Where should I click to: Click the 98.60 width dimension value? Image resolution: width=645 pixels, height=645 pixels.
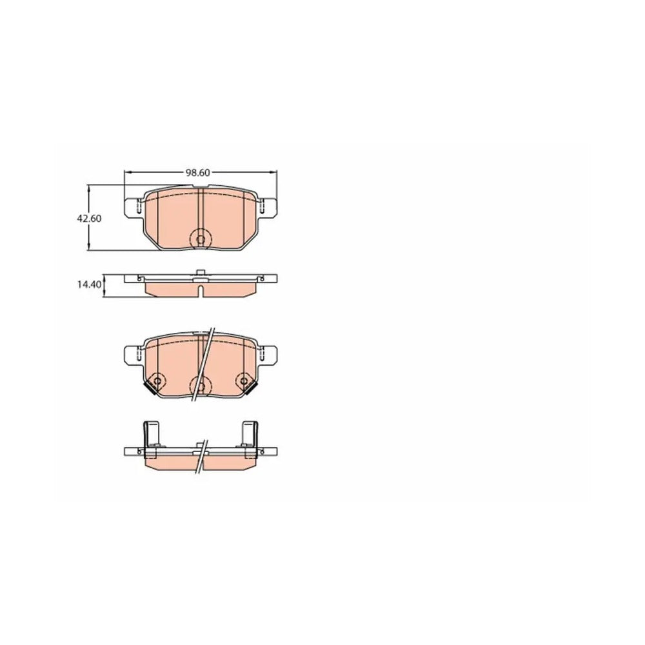(x=198, y=173)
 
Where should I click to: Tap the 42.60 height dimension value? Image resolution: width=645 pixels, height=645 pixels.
(x=89, y=219)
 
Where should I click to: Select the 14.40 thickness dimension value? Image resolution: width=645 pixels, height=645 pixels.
(x=89, y=284)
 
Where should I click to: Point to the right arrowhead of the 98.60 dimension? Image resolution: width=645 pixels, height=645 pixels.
(x=273, y=172)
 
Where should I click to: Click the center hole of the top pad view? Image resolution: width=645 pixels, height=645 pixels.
(x=201, y=239)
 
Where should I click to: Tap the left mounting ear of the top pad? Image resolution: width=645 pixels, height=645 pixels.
(x=134, y=208)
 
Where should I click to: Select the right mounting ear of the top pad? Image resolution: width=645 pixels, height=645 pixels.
(x=268, y=208)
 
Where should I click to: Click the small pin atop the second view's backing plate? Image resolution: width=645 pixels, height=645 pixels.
(x=201, y=272)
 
